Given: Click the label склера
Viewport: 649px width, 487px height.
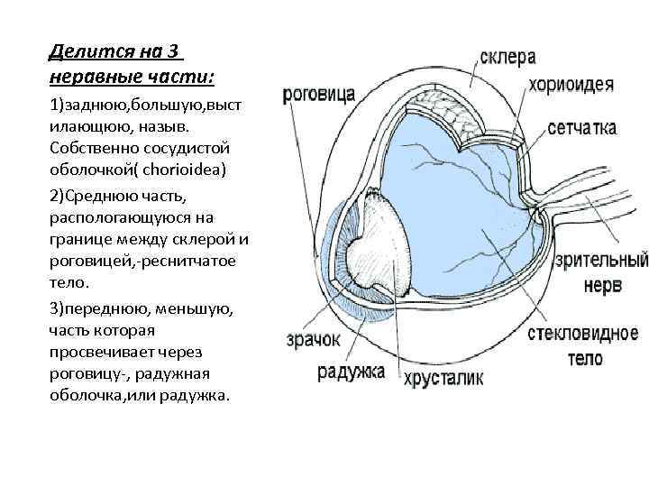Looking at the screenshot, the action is click(x=507, y=58).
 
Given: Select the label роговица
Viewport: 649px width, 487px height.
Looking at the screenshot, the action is click(x=318, y=94).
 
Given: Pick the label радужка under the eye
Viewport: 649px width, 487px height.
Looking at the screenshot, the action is click(x=351, y=371).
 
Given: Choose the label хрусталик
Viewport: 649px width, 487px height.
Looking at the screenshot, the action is click(x=443, y=377).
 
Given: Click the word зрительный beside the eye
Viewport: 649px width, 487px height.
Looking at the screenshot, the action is click(x=602, y=262).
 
